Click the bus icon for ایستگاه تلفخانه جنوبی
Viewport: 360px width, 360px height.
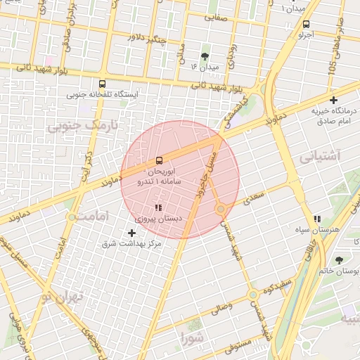pos(103,83)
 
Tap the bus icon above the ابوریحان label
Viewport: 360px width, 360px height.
pos(158,160)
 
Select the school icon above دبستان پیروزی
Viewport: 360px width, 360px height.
pos(158,207)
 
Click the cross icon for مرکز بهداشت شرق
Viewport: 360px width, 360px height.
pos(131,232)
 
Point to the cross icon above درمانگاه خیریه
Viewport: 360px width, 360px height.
pos(333,100)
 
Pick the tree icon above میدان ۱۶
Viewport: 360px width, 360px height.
pos(205,56)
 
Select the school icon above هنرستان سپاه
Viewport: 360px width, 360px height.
pos(319,219)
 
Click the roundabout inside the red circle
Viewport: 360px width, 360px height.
pos(221,208)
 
